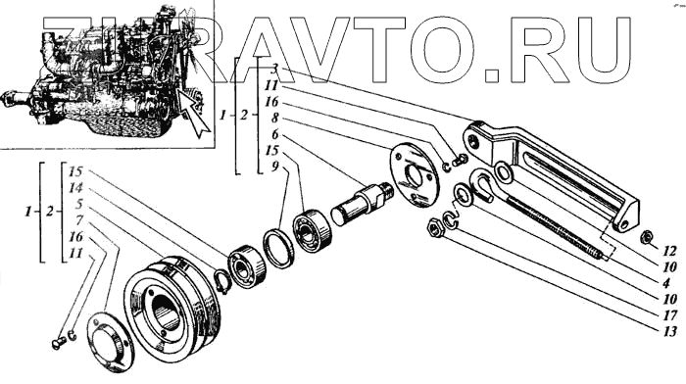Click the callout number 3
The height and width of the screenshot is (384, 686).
click(x=275, y=70)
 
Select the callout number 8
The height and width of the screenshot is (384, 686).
click(x=275, y=119)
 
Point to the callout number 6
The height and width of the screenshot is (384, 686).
click(x=274, y=134)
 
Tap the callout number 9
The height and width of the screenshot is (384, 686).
click(x=274, y=168)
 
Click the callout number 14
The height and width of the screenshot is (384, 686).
click(x=75, y=188)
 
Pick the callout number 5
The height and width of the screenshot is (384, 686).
click(x=79, y=205)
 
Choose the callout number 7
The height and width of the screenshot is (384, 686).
click(x=79, y=220)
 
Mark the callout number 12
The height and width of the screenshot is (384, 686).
click(x=669, y=251)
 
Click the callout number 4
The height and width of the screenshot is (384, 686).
click(x=666, y=283)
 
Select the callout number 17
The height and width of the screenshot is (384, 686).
click(x=669, y=315)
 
